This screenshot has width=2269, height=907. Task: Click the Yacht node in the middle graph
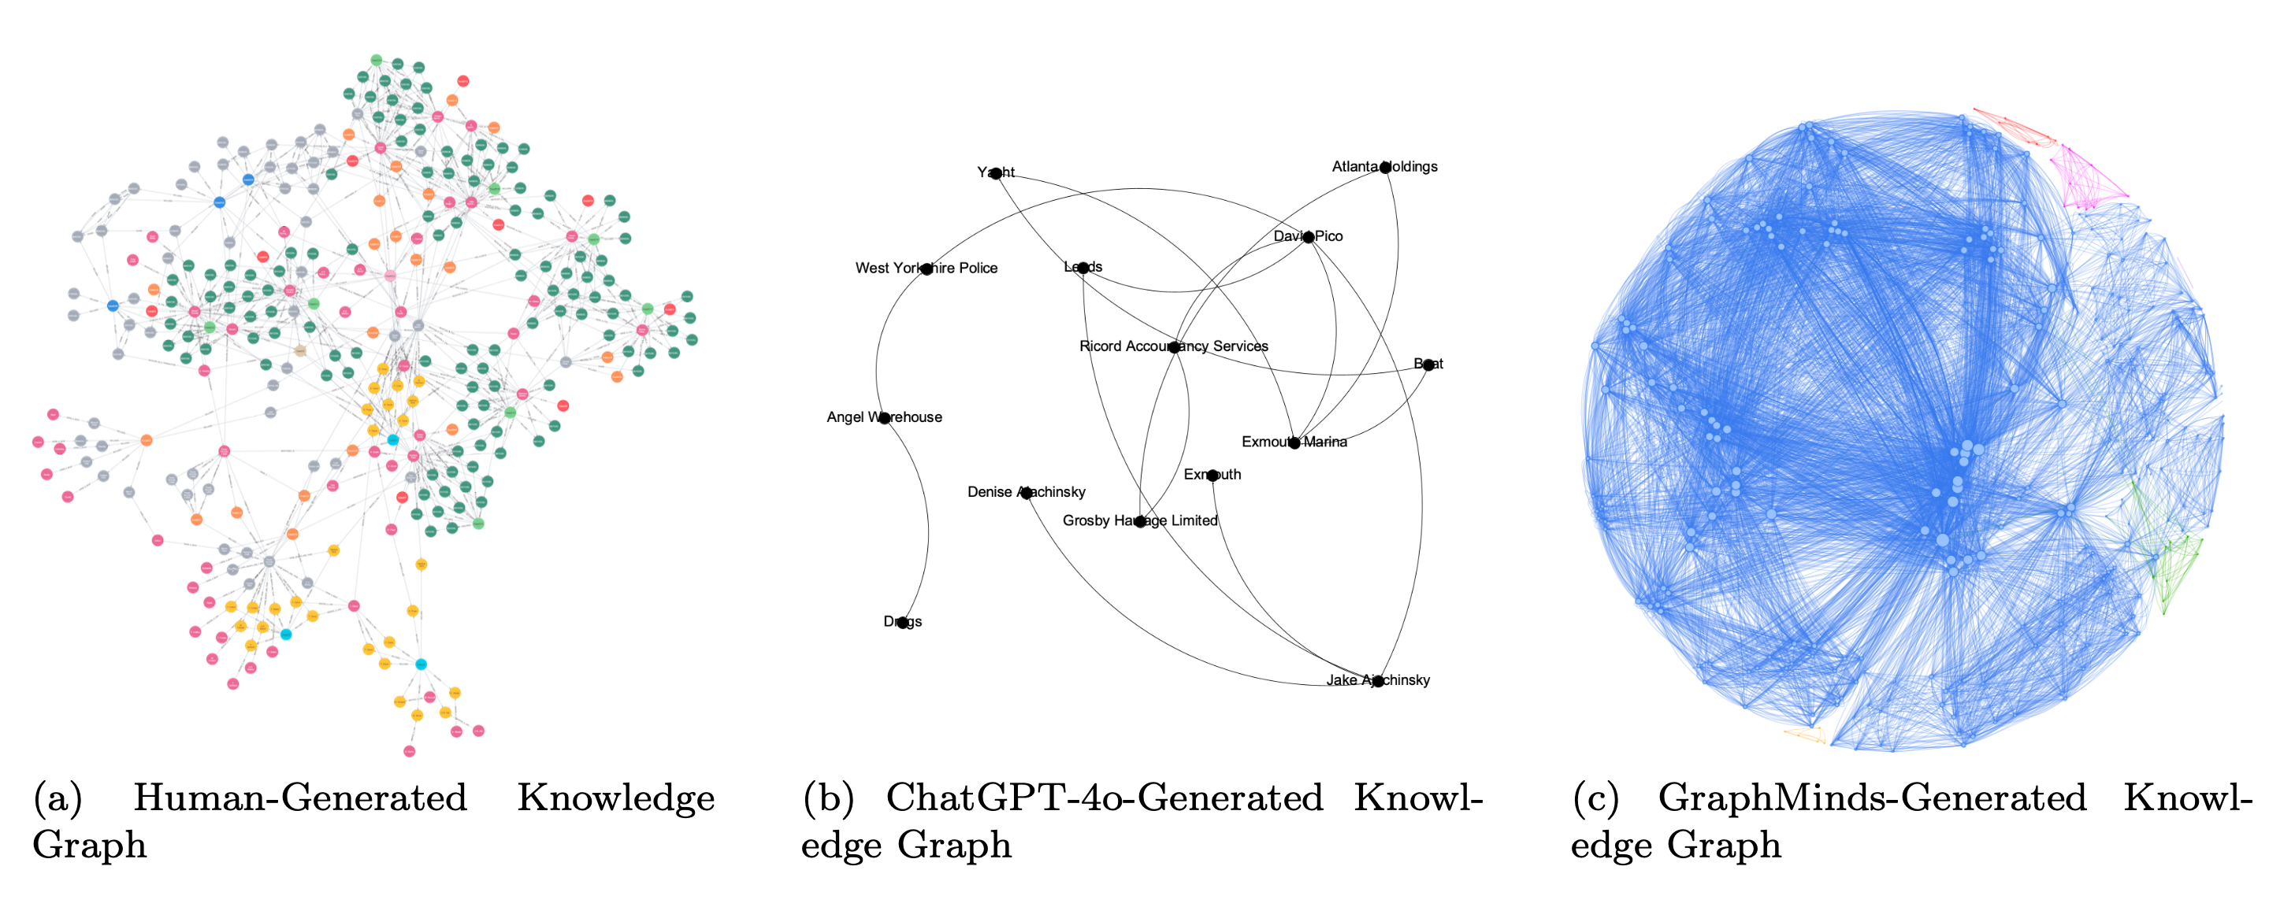coord(996,173)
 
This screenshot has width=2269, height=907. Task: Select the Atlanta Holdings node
coord(1385,168)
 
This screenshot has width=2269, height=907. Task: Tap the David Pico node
coord(1309,237)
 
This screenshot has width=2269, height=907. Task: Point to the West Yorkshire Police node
coord(927,268)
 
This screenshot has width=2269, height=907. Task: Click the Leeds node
coord(1083,268)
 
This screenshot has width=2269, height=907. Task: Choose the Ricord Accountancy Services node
coord(1174,347)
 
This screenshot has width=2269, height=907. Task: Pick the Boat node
coord(1428,365)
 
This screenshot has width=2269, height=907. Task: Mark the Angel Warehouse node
coord(884,417)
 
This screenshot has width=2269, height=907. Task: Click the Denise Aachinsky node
coord(1026,492)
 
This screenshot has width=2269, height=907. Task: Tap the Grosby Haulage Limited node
coord(1140,521)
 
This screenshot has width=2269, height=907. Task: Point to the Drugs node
coord(902,622)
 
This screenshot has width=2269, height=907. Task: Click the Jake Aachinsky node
coord(1378,681)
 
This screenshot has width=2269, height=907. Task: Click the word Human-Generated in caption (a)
coord(299,798)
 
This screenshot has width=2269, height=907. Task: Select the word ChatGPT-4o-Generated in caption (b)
coord(1104,798)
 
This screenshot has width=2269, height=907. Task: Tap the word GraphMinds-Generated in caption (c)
coord(1872,798)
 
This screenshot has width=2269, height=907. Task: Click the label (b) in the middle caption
coord(828,798)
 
